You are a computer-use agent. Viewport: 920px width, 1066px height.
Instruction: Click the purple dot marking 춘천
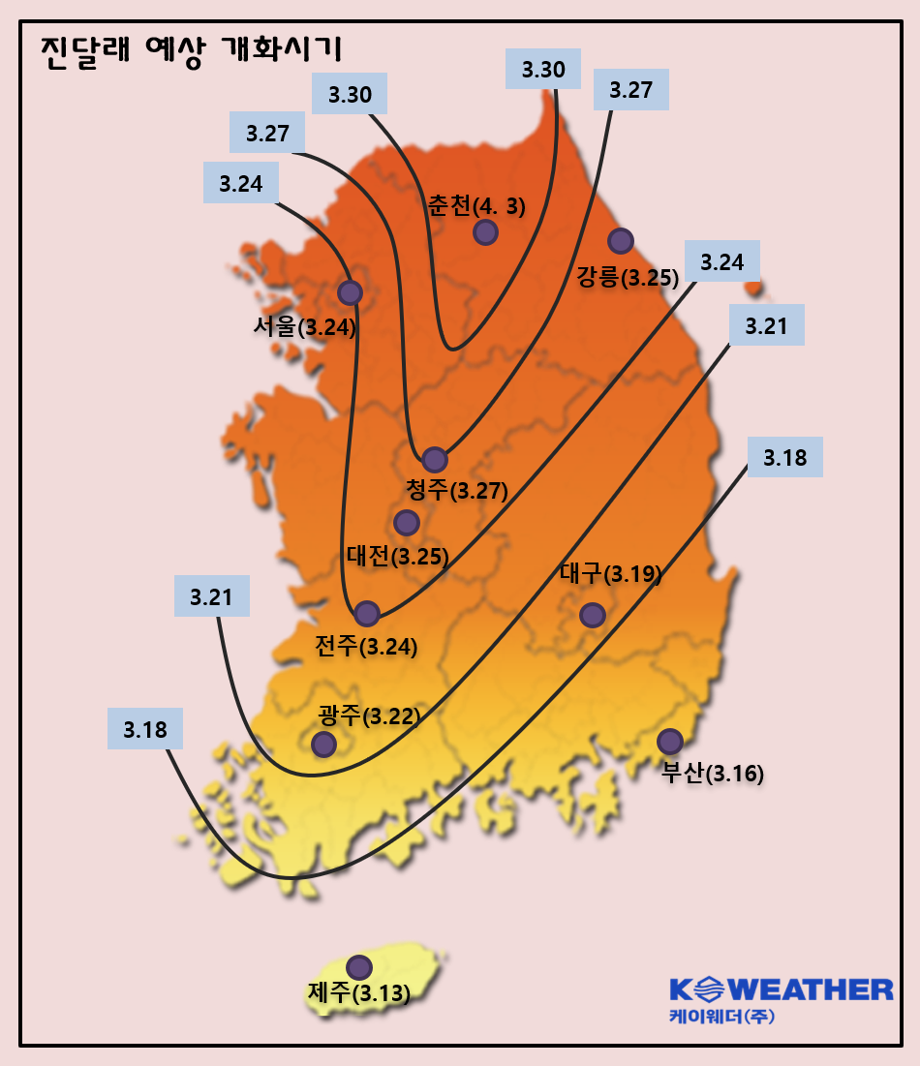(x=485, y=232)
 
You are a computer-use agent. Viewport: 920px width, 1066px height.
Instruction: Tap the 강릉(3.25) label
(x=627, y=278)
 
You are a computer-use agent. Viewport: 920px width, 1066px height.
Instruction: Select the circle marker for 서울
(x=350, y=291)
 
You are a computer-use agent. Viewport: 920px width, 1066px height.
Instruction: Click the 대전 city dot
(x=407, y=523)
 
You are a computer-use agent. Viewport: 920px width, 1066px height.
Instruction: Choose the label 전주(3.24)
(x=366, y=646)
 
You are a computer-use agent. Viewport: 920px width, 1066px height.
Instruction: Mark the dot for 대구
(x=592, y=615)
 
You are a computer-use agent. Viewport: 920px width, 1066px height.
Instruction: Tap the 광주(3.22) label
(x=368, y=716)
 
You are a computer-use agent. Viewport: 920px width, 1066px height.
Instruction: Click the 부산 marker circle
(x=670, y=742)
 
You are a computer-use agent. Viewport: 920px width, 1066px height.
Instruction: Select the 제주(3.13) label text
(x=359, y=993)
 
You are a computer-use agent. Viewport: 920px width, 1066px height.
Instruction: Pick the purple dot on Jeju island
(x=359, y=967)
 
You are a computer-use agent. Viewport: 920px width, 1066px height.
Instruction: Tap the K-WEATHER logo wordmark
(x=781, y=990)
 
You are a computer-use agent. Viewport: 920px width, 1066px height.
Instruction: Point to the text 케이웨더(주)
(x=721, y=1018)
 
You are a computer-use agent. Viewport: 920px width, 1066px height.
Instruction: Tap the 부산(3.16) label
(x=713, y=774)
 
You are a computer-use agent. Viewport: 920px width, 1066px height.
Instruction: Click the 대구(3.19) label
(x=611, y=574)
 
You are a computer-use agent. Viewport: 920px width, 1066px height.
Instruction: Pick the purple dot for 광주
(x=323, y=744)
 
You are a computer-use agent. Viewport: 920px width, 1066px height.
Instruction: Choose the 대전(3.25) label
(x=397, y=557)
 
